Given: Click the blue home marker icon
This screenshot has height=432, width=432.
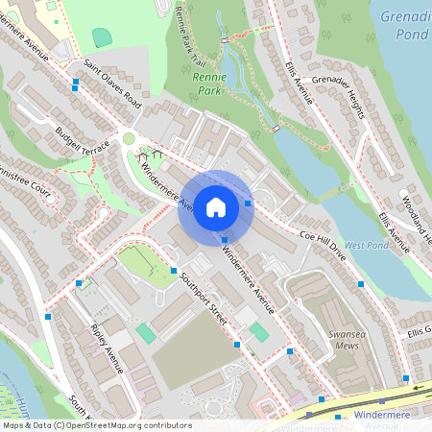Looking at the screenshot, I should (x=216, y=207).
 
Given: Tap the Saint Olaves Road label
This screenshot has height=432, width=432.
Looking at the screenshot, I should (x=111, y=83).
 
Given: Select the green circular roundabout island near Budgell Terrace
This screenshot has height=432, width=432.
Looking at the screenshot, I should (x=129, y=139).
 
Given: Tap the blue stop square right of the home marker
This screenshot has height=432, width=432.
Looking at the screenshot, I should (x=248, y=203).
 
